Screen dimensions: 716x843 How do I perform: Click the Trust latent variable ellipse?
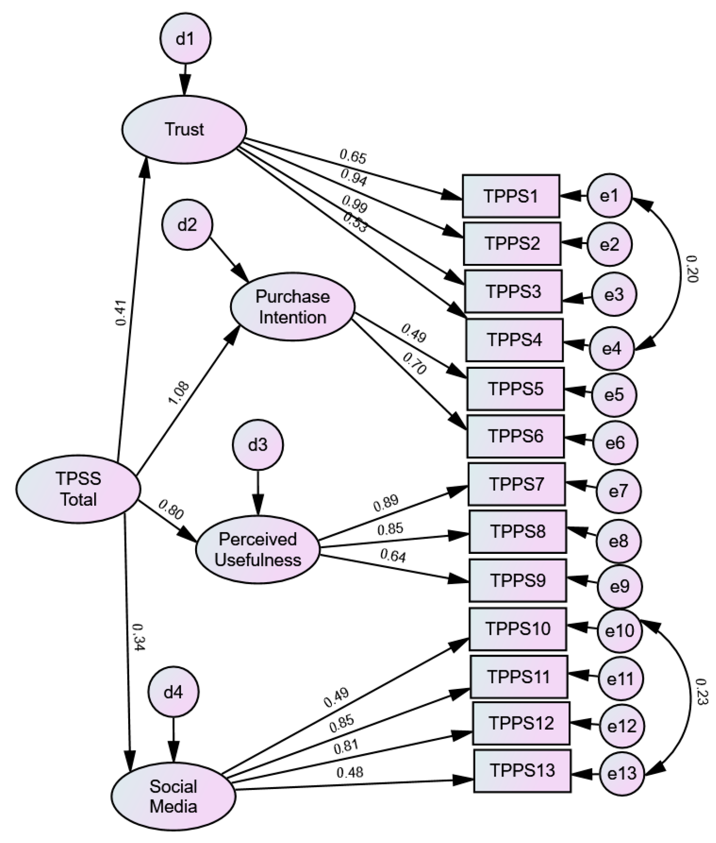pos(184,129)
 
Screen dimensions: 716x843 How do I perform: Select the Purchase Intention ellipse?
pos(293,306)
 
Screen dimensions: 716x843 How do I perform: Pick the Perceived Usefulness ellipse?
pos(258,549)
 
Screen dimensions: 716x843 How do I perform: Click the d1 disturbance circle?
pos(185,39)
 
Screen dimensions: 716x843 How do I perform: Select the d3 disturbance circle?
pos(258,445)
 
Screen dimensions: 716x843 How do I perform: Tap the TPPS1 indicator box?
pos(511,196)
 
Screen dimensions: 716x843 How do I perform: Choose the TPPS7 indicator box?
pos(516,484)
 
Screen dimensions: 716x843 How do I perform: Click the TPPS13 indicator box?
pos(523,771)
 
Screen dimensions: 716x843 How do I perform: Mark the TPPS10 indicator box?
pos(518,629)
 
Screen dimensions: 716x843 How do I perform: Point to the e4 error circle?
pos(612,349)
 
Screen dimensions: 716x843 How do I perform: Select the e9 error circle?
pos(620,586)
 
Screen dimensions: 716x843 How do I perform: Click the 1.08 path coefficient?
pos(178,393)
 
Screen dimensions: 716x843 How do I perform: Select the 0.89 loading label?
pos(386,503)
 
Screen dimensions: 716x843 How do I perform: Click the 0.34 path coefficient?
pos(138,638)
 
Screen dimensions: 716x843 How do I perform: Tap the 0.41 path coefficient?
pos(121,313)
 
